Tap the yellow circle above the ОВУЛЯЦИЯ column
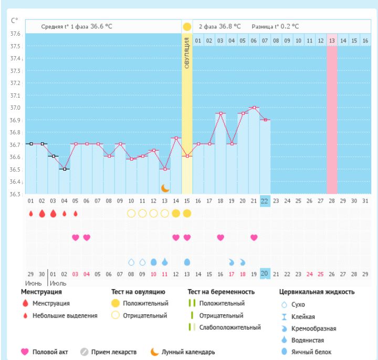(x=187, y=26)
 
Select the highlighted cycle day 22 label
(x=265, y=200)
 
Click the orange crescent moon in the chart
(x=165, y=187)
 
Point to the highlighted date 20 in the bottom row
(x=265, y=273)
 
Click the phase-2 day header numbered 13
(x=332, y=40)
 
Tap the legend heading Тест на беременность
(x=221, y=292)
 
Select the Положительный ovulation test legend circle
(x=115, y=303)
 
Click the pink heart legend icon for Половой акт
(x=25, y=352)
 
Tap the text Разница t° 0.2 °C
(x=275, y=26)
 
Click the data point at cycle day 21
(x=254, y=108)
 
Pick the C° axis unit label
(x=14, y=21)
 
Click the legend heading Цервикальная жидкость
(x=316, y=292)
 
